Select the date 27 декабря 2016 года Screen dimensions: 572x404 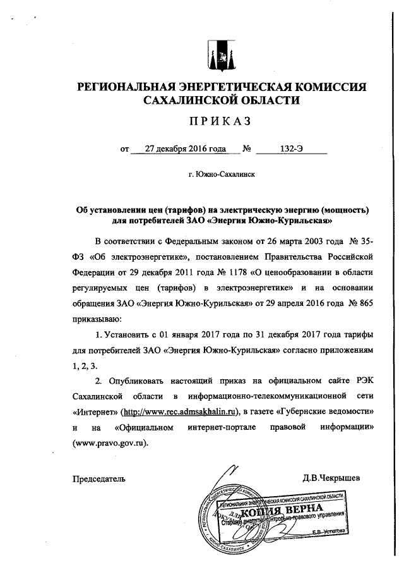pyautogui.click(x=185, y=150)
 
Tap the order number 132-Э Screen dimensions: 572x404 pyautogui.click(x=294, y=150)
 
